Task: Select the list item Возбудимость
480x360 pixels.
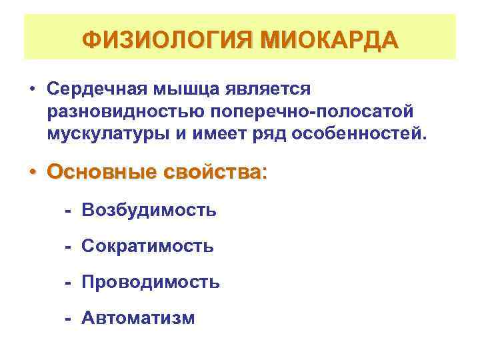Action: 149,211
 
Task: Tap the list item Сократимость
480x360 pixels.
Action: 148,247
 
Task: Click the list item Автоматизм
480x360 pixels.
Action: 139,318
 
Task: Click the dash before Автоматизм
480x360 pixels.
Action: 68,318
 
